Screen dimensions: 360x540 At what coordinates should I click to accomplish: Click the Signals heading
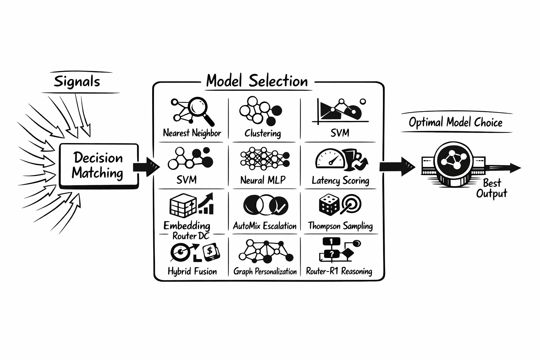[x=77, y=82]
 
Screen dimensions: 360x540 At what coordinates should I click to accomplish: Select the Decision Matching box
[x=98, y=166]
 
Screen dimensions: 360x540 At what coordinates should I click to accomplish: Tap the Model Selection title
[x=257, y=81]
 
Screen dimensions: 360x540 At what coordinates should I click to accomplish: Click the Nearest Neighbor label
[x=192, y=133]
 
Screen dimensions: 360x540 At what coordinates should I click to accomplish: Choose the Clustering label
[x=263, y=133]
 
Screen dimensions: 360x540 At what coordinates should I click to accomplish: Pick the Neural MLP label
[x=263, y=180]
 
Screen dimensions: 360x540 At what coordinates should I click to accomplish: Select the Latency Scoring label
[x=340, y=181]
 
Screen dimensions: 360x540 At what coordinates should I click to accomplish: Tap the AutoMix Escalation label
[x=265, y=226]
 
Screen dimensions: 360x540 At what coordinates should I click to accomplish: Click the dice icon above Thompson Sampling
[x=329, y=205]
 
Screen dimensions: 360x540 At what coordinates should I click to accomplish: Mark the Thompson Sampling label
[x=340, y=226]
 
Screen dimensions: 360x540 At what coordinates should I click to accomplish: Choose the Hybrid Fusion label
[x=192, y=271]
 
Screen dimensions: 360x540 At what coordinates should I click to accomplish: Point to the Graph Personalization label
[x=265, y=271]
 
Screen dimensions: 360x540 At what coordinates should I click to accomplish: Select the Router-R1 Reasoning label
[x=339, y=271]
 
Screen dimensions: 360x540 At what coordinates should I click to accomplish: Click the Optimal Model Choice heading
[x=456, y=122]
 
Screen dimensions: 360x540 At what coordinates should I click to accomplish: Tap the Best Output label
[x=492, y=188]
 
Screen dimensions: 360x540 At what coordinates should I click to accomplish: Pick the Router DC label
[x=191, y=236]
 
